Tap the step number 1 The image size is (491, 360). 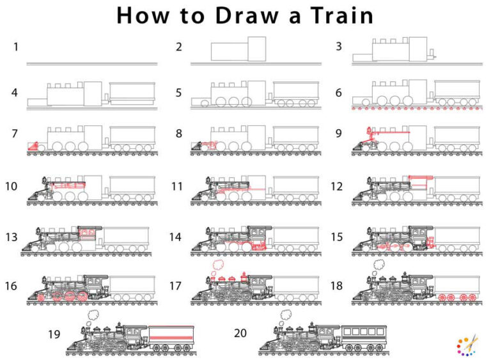14,47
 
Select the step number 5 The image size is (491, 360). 179,93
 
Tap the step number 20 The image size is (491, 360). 239,334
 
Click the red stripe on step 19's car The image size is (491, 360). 171,336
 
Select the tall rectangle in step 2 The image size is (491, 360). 257,49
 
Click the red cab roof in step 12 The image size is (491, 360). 420,176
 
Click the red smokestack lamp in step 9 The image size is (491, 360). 369,132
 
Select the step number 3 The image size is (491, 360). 338,47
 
